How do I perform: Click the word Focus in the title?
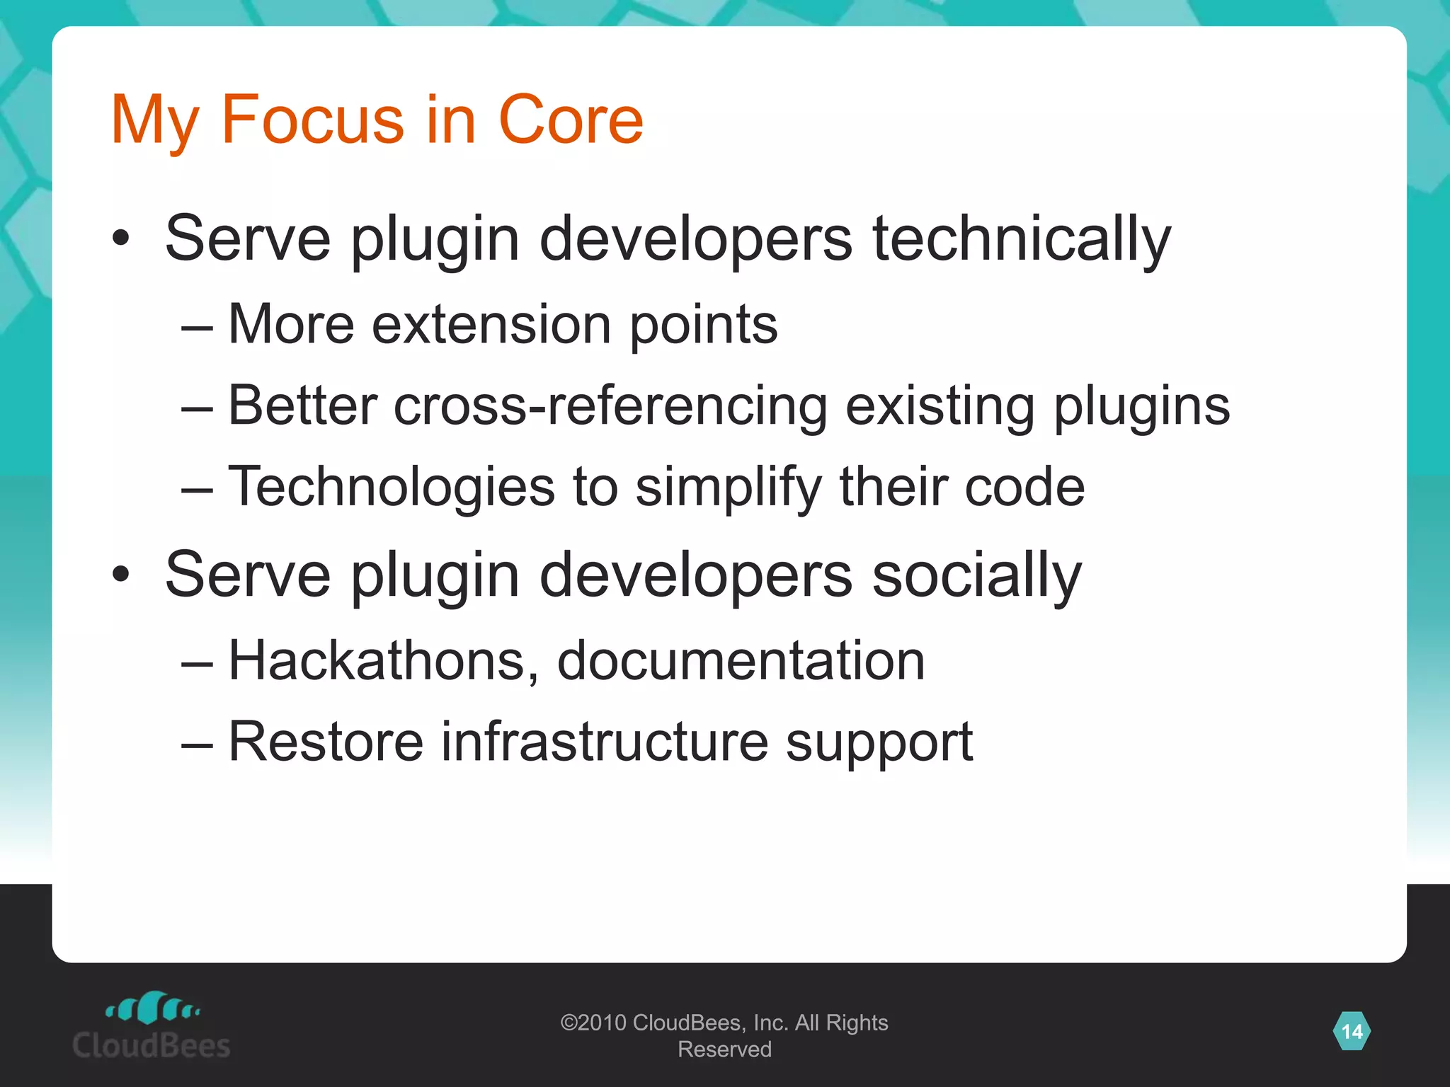(x=312, y=120)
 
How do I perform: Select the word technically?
(x=1021, y=239)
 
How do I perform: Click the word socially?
(x=976, y=575)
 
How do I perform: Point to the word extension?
(x=491, y=324)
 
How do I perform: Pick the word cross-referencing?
(x=610, y=406)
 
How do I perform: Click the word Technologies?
(x=392, y=487)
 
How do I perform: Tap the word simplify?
(x=729, y=488)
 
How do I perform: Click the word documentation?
(x=741, y=660)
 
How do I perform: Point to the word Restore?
(x=326, y=742)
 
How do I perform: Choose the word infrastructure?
(x=605, y=742)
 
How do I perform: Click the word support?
(x=879, y=743)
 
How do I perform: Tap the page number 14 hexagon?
(x=1352, y=1031)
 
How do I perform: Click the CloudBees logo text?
(x=151, y=1045)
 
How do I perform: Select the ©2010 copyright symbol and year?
(x=593, y=1023)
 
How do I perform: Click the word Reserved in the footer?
(x=724, y=1049)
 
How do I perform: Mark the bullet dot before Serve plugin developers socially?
(x=121, y=575)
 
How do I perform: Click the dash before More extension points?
(x=197, y=327)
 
